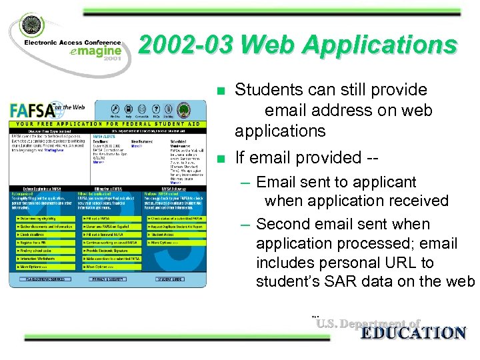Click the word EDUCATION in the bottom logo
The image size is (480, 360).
(x=413, y=333)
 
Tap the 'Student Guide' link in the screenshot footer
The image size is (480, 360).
(x=170, y=279)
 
